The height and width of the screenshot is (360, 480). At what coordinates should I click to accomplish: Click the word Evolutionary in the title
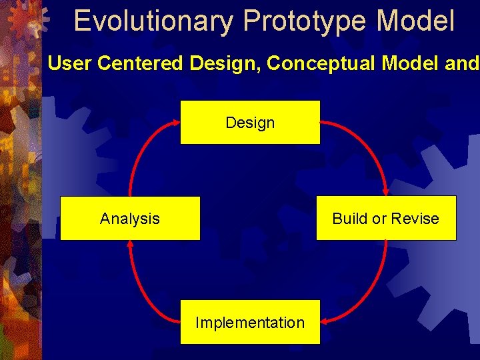(153, 21)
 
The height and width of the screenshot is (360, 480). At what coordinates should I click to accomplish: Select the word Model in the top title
(415, 21)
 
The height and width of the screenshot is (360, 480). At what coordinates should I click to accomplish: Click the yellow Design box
(250, 122)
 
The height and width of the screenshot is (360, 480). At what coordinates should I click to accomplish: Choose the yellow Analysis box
(130, 218)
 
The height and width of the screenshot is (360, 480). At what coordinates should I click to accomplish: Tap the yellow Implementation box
(250, 322)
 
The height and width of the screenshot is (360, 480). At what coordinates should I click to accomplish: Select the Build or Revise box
(386, 218)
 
